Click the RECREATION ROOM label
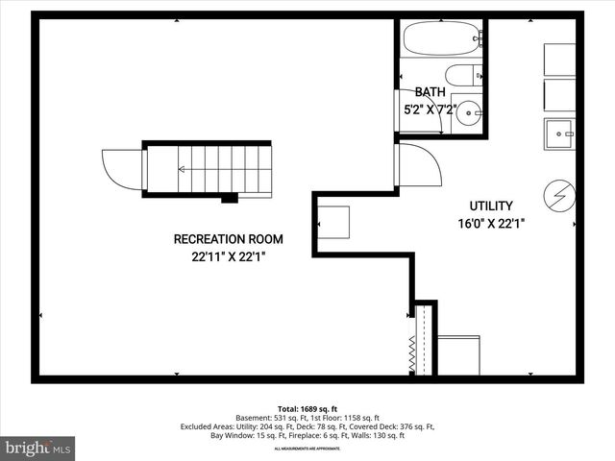[228, 239]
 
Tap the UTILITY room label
[490, 206]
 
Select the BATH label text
[430, 92]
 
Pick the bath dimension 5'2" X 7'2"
[430, 109]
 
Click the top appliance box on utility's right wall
[559, 58]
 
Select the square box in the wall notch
[333, 222]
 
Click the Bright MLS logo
[38, 447]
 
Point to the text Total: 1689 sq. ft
[307, 407]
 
